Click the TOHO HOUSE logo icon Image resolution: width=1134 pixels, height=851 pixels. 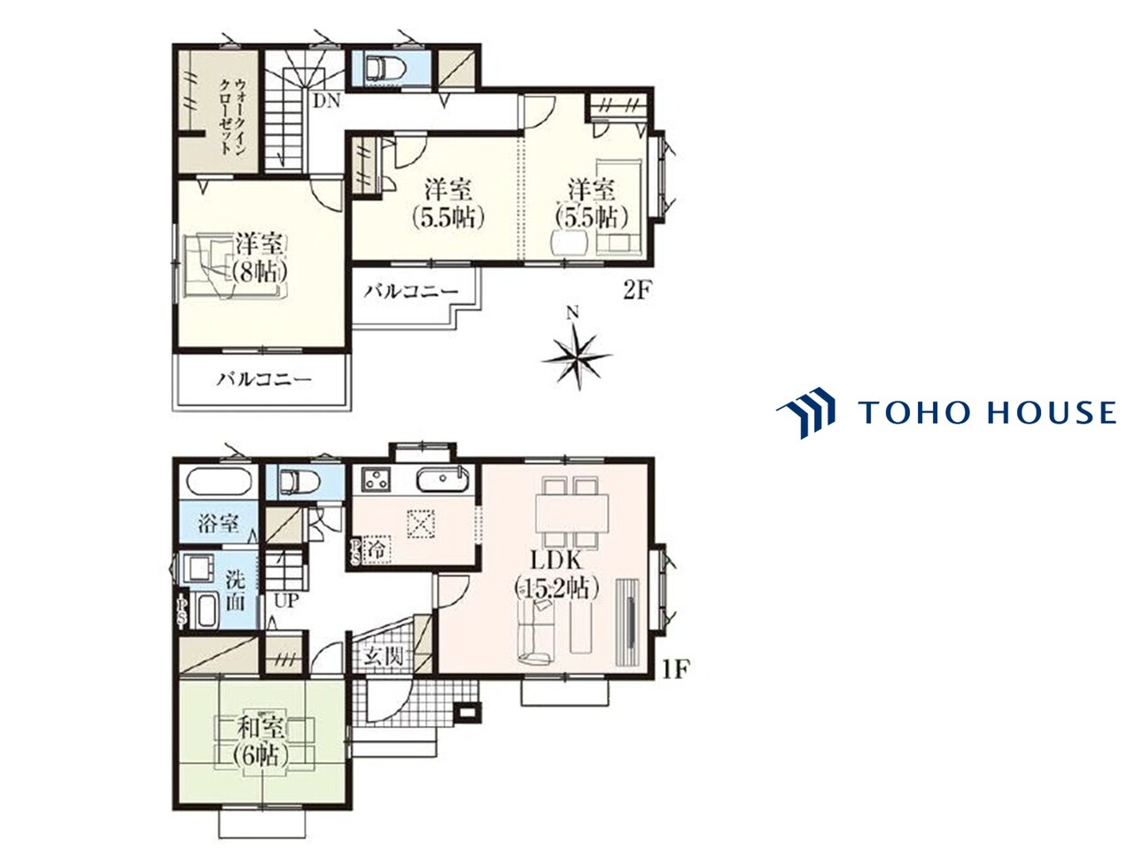coord(805,412)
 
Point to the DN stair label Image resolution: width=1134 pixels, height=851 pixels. coord(327,101)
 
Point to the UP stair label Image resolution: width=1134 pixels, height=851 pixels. coord(286,601)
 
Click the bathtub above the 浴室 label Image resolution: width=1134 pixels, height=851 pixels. coord(220,481)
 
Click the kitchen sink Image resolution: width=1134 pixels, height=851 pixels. coord(443,480)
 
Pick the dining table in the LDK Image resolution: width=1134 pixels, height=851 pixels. coord(572,512)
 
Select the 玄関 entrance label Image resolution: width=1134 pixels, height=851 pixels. coord(383,657)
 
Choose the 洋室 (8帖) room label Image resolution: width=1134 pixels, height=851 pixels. coord(260,257)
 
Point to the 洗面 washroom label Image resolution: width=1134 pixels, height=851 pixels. coord(235,591)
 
